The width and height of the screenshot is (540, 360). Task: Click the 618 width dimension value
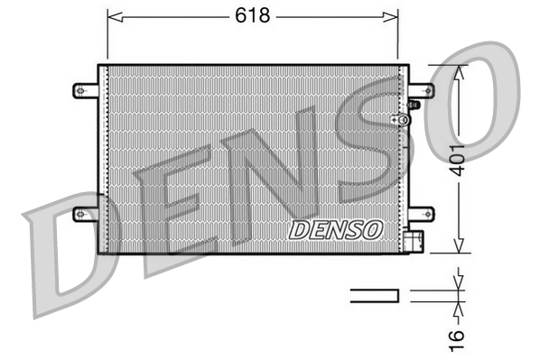pos(252,15)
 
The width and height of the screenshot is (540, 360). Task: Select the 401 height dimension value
pos(458,161)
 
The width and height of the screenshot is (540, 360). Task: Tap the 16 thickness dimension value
pos(458,335)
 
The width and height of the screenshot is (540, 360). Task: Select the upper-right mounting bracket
pos(420,90)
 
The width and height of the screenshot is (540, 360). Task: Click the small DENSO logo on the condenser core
pos(335,229)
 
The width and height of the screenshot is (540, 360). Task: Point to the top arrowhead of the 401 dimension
pos(458,70)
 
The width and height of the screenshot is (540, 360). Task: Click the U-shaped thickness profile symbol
pos(374,294)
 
